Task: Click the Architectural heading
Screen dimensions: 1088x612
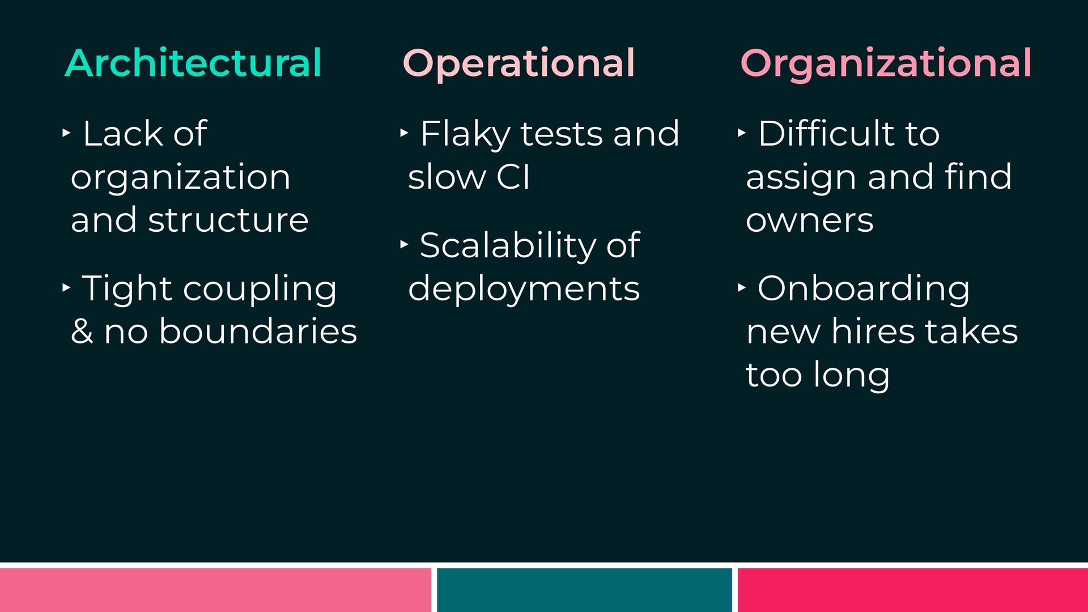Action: (x=193, y=62)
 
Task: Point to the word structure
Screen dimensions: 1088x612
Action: (x=228, y=220)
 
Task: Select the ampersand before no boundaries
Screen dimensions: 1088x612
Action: (x=82, y=331)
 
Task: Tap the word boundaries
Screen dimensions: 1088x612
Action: (x=258, y=331)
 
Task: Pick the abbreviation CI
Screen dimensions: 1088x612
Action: (x=513, y=177)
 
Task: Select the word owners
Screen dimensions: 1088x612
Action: (x=810, y=220)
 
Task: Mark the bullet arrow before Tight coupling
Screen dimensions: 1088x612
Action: (x=66, y=287)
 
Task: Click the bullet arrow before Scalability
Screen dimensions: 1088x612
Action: (x=404, y=244)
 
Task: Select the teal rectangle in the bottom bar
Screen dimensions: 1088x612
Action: (x=584, y=590)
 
